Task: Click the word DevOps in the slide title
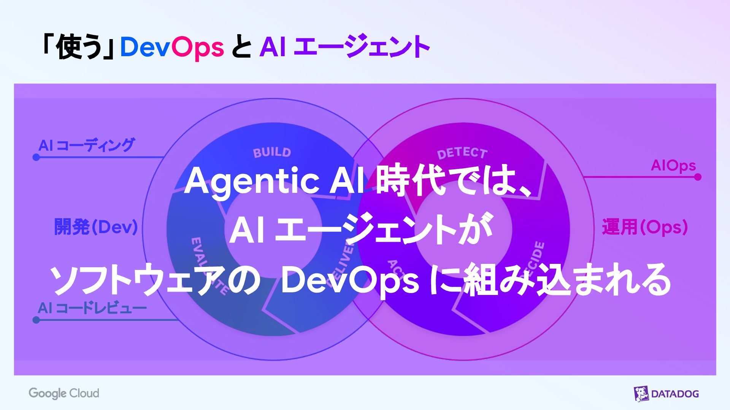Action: [172, 47]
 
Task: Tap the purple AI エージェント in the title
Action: [344, 47]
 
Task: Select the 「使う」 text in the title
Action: [78, 47]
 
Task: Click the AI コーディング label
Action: [87, 145]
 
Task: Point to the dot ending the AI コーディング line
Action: [36, 157]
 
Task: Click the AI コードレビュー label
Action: [92, 308]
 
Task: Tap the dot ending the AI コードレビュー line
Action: [36, 320]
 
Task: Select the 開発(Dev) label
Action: [96, 227]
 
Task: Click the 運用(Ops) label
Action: [645, 227]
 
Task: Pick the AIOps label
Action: [673, 166]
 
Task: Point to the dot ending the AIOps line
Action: [698, 177]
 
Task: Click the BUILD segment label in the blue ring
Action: [272, 153]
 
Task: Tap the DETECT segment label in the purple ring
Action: [462, 153]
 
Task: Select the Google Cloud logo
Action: [64, 393]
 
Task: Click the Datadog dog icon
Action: [641, 394]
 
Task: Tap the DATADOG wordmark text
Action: [675, 394]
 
